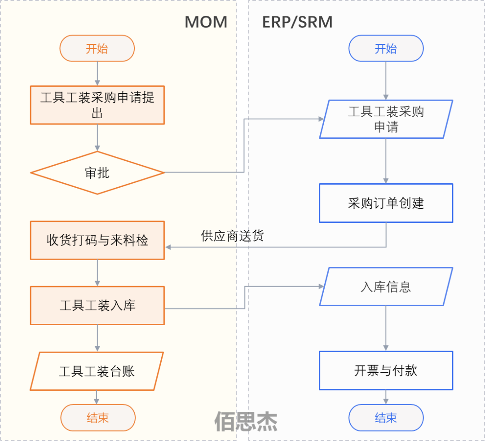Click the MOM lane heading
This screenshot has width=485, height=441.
(x=206, y=22)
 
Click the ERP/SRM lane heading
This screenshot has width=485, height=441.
(x=297, y=22)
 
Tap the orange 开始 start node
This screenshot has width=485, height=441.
(x=97, y=49)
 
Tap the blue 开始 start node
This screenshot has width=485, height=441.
(x=386, y=49)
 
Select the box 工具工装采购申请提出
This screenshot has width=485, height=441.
(x=97, y=105)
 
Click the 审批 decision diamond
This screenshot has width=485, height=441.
(x=97, y=173)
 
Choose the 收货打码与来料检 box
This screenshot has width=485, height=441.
(x=97, y=240)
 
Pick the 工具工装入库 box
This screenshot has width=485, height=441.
(x=97, y=306)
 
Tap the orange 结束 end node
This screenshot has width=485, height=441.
(x=97, y=418)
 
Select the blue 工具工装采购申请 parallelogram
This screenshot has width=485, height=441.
(x=386, y=119)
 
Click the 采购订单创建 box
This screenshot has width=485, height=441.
(x=386, y=203)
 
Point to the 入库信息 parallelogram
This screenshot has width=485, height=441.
(x=386, y=287)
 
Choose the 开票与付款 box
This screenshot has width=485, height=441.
(x=386, y=370)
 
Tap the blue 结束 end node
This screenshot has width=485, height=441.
(x=386, y=418)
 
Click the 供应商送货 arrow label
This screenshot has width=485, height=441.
(x=232, y=236)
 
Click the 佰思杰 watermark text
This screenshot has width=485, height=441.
(x=246, y=421)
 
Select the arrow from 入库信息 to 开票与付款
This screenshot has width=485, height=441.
(x=386, y=328)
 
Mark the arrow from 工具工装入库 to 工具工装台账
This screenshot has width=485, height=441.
(x=97, y=338)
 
